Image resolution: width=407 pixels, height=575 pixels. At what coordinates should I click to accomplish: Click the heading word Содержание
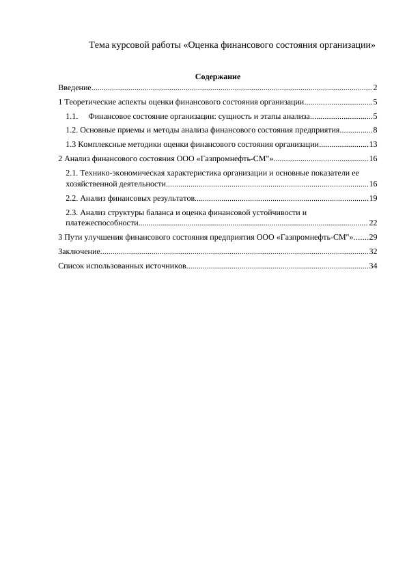pyautogui.click(x=218, y=76)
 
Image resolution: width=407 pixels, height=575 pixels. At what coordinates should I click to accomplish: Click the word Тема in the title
pyautogui.click(x=100, y=45)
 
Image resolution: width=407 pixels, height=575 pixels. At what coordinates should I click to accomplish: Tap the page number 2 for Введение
pyautogui.click(x=376, y=87)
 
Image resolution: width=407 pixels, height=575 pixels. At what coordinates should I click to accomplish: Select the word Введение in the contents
pyautogui.click(x=74, y=87)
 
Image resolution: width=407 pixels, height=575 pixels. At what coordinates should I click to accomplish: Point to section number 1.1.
pyautogui.click(x=72, y=116)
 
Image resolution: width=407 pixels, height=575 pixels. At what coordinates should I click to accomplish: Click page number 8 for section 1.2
pyautogui.click(x=376, y=130)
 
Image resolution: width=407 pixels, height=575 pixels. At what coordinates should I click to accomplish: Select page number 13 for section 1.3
pyautogui.click(x=373, y=144)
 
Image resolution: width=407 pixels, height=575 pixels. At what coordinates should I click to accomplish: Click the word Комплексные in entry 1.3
pyautogui.click(x=100, y=144)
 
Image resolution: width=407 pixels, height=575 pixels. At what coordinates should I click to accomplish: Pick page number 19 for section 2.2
pyautogui.click(x=373, y=198)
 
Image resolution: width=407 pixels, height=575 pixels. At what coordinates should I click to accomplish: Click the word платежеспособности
pyautogui.click(x=102, y=223)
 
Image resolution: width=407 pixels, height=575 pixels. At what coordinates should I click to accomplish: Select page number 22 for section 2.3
pyautogui.click(x=373, y=223)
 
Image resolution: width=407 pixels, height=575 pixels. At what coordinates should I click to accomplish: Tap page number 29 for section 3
pyautogui.click(x=373, y=237)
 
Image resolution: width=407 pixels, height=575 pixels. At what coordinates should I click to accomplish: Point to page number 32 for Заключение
pyautogui.click(x=373, y=251)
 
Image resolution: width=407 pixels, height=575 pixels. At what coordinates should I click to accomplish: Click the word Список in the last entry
pyautogui.click(x=71, y=266)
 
